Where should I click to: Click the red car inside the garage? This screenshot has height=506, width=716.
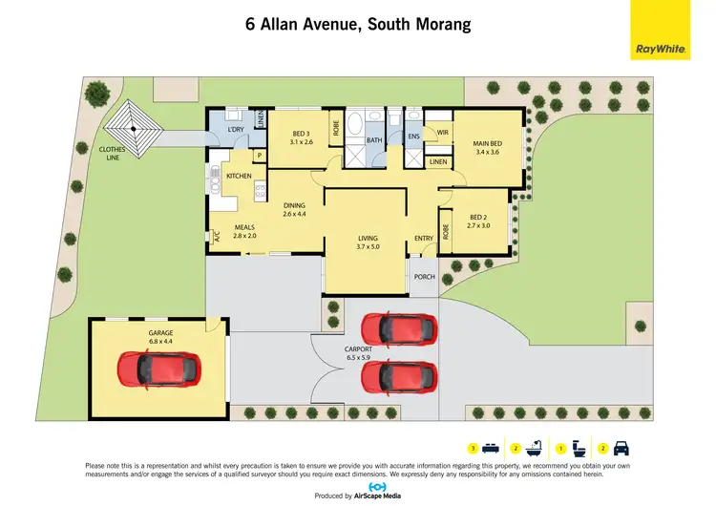point(158,367)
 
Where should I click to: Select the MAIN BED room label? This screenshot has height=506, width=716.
point(487,146)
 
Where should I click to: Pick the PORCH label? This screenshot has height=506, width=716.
point(424,277)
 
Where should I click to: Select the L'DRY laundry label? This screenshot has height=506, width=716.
point(236,129)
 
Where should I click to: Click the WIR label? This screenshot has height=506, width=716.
point(443,132)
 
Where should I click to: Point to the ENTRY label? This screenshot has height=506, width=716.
point(424,239)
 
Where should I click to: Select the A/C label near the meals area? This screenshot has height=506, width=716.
point(217,238)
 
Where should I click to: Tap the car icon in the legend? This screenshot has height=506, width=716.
point(621,447)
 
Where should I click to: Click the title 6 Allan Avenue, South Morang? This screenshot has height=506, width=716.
point(358,24)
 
